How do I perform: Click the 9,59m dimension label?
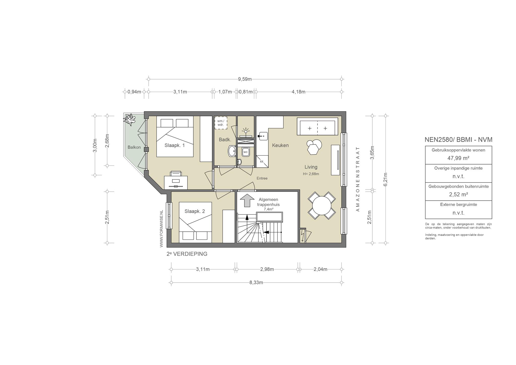pyautogui.click(x=245, y=79)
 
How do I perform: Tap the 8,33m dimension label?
pyautogui.click(x=256, y=283)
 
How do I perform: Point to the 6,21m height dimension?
pyautogui.click(x=385, y=179)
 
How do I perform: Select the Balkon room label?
pyautogui.click(x=134, y=147)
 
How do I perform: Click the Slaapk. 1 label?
pyautogui.click(x=175, y=145)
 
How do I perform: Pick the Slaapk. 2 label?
pyautogui.click(x=195, y=211)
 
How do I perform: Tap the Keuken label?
pyautogui.click(x=280, y=145)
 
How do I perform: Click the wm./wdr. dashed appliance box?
pyautogui.click(x=221, y=123)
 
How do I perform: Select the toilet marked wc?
pyautogui.click(x=245, y=152)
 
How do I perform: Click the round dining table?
pyautogui.click(x=322, y=205)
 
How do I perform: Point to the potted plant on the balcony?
pyautogui.click(x=130, y=119)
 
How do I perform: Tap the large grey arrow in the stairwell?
pyautogui.click(x=247, y=200)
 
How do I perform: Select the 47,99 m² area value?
pyautogui.click(x=459, y=158)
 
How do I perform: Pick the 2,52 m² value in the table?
pyautogui.click(x=459, y=194)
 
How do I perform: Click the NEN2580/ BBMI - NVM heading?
pyautogui.click(x=459, y=140)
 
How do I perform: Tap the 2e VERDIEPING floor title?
pyautogui.click(x=187, y=254)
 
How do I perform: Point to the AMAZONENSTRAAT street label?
pyautogui.click(x=358, y=179)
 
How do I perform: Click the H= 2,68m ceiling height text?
pyautogui.click(x=311, y=174)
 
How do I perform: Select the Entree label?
pyautogui.click(x=262, y=178)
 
